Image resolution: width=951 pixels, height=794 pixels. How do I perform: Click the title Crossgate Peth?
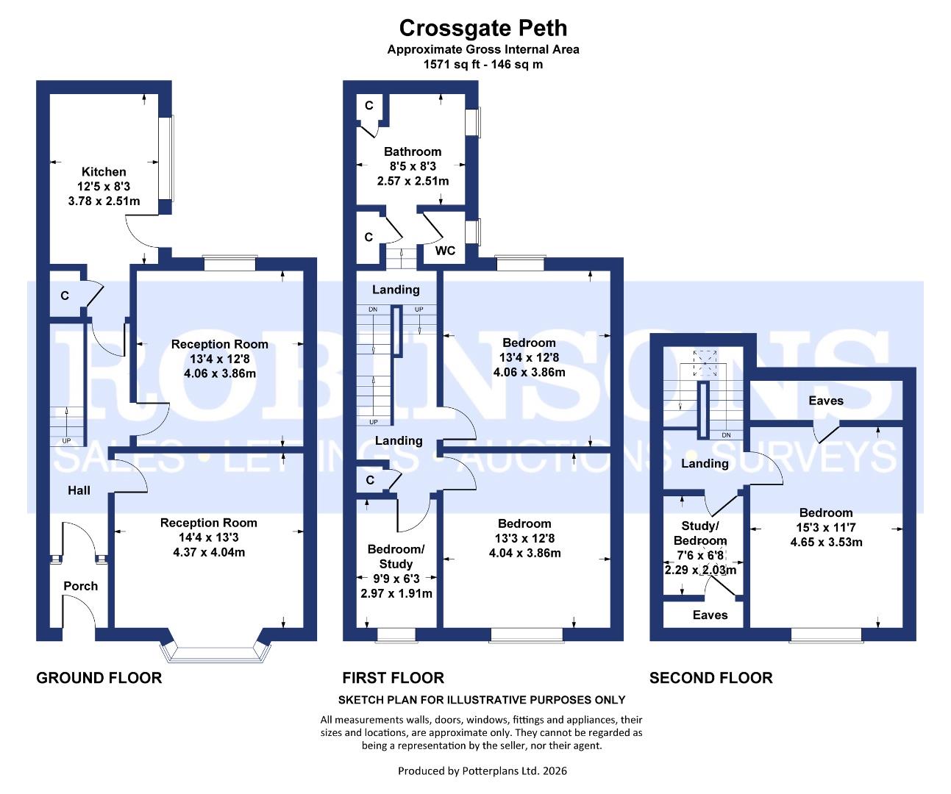click(482, 28)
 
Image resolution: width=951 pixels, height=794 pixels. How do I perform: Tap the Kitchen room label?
click(104, 171)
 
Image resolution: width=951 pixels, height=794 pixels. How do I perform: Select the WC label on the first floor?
click(445, 251)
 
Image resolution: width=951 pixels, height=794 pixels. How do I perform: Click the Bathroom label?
click(413, 151)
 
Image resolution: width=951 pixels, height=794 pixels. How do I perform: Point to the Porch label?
click(81, 586)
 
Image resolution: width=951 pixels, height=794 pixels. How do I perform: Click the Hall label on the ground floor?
click(79, 490)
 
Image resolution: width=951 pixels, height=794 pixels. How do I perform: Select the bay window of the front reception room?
click(213, 651)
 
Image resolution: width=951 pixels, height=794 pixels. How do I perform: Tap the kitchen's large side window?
click(168, 159)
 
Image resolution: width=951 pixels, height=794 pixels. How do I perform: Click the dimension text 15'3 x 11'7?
click(826, 528)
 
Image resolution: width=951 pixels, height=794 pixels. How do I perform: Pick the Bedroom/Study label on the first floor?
click(396, 557)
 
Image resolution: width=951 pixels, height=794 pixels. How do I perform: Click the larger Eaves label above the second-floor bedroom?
click(826, 401)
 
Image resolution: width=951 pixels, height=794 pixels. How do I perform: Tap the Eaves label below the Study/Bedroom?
click(710, 615)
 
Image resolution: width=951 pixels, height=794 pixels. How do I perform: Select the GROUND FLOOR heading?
click(99, 678)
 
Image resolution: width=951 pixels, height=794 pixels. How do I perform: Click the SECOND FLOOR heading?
click(710, 678)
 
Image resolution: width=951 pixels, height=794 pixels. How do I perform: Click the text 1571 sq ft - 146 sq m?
click(482, 64)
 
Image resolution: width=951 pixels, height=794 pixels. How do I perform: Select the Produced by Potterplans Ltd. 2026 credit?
click(482, 771)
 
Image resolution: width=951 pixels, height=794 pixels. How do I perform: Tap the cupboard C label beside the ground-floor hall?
click(65, 296)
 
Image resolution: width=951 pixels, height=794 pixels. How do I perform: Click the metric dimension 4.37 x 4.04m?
click(209, 552)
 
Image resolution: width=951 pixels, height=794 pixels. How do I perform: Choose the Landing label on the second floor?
click(705, 463)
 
